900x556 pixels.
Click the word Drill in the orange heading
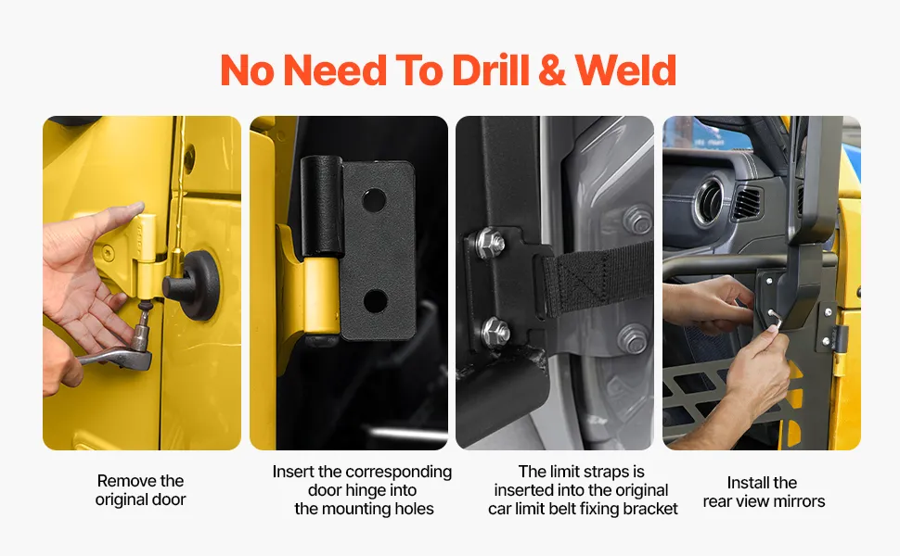pos(491,70)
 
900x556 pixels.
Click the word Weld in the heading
pos(625,70)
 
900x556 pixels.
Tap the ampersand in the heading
pos(551,70)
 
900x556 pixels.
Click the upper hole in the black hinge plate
pos(374,199)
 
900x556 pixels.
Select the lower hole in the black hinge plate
pos(376,301)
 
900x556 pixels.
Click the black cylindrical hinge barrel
pos(322,206)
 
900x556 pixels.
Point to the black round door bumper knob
pos(192,284)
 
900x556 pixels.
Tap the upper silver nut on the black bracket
pos(490,243)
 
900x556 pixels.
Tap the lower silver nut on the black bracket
pos(495,333)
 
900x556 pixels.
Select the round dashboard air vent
pos(711,202)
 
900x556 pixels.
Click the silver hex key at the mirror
pos(775,320)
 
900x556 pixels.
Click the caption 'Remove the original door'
pos(141,490)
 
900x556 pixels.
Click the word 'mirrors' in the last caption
pos(797,501)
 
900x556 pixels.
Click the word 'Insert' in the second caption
pos(292,472)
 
